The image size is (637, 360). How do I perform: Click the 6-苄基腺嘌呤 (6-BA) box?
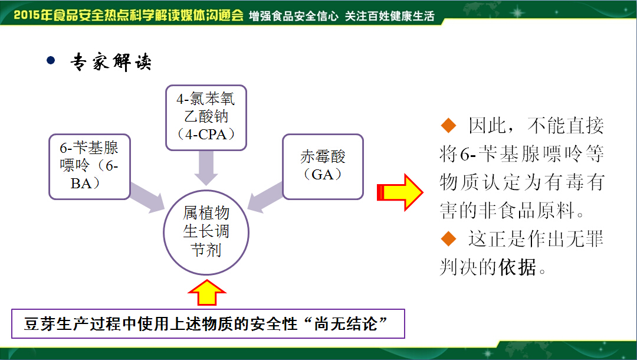(90, 166)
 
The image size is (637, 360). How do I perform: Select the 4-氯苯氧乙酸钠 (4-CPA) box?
(206, 118)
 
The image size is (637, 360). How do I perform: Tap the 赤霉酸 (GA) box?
(323, 166)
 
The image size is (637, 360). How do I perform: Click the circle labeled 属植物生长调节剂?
(206, 233)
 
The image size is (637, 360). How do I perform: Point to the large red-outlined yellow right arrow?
(400, 192)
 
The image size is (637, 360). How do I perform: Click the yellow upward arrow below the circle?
(207, 293)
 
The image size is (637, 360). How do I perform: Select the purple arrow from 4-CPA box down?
(206, 168)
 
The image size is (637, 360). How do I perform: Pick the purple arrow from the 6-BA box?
(147, 198)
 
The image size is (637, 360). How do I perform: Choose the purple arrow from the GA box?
(265, 197)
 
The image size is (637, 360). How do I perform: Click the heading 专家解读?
(111, 62)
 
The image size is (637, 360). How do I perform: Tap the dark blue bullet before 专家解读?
(51, 61)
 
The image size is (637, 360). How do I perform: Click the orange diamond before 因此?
(448, 125)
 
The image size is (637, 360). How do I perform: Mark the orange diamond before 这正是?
(448, 238)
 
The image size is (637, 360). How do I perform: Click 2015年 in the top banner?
(33, 15)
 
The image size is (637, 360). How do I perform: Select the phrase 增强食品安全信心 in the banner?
(293, 16)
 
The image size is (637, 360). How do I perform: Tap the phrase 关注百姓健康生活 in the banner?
(390, 16)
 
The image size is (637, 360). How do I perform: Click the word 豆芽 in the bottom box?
(40, 324)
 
